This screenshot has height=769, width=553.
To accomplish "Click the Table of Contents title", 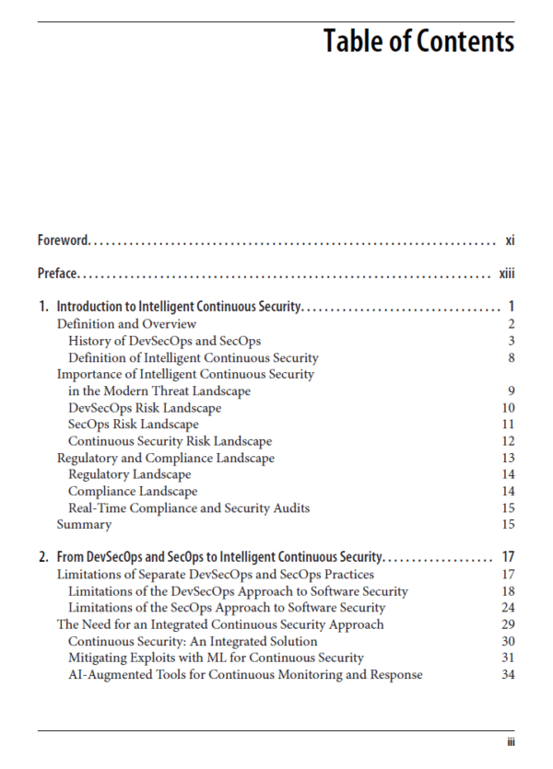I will pos(418,41).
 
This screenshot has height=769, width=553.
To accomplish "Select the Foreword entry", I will pos(63,240).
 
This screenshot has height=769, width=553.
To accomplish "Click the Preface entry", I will pos(57,274).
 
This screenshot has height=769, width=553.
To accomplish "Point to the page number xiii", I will pos(506,274).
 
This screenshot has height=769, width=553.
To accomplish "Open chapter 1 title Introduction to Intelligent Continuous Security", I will pos(179,307).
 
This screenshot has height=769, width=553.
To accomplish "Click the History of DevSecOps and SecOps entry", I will pos(164,341).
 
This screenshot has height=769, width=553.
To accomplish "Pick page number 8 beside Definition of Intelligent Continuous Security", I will pos(510,357).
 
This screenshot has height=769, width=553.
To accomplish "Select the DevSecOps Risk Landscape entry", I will pos(145,408).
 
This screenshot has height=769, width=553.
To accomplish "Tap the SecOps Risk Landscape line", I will pos(134,425).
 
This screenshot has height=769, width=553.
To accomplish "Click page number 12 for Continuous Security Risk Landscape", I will pos(508,441).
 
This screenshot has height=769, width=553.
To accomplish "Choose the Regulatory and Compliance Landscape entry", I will pos(166,458).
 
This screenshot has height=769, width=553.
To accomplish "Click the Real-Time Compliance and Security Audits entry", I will pos(189,507).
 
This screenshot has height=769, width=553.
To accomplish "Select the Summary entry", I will pos(84,524).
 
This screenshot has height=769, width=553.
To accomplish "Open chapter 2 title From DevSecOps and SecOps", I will pos(219,557).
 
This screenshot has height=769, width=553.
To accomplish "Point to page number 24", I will pos(508,608).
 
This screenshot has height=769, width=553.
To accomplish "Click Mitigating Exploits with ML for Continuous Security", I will pos(216,658).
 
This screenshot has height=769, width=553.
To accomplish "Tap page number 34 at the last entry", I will pos(508,674).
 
